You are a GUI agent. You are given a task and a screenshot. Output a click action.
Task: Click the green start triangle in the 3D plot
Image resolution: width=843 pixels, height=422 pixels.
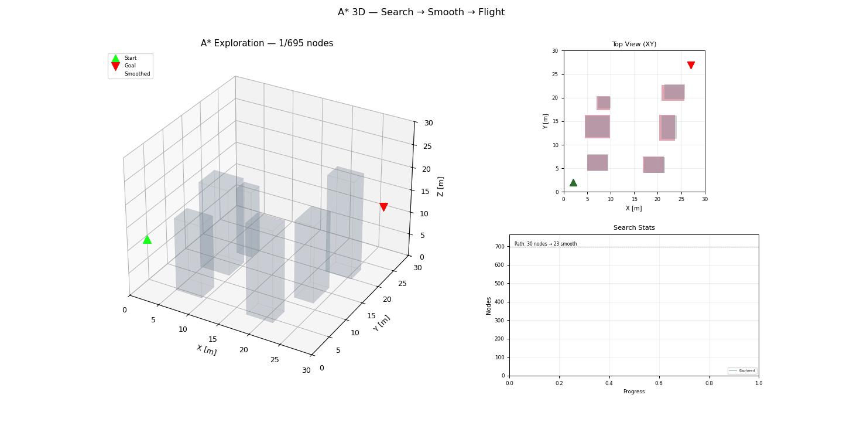[x=147, y=239]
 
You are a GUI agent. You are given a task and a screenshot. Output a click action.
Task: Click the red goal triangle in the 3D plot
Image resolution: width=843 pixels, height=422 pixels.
[x=383, y=207]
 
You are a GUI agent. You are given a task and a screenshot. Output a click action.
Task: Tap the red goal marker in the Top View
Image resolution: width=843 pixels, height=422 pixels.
[x=691, y=65]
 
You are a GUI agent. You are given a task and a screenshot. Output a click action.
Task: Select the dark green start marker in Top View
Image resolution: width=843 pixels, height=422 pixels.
[x=573, y=183]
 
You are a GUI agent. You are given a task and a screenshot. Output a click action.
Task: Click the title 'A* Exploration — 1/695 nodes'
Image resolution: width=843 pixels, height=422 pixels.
[x=267, y=43]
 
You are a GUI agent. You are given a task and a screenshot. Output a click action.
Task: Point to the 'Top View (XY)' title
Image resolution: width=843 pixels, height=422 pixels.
[x=634, y=45]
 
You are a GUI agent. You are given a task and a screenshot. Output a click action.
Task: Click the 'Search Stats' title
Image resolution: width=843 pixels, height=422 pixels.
[x=634, y=228]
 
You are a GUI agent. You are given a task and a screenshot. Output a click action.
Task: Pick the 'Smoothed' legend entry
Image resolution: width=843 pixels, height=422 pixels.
[x=137, y=74]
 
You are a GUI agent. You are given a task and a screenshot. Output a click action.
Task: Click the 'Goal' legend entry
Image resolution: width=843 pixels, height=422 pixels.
[x=130, y=66]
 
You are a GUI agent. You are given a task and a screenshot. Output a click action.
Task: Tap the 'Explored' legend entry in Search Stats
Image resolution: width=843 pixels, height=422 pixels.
[x=746, y=370]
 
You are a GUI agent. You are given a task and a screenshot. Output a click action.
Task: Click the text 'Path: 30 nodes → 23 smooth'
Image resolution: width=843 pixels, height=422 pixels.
[x=546, y=244]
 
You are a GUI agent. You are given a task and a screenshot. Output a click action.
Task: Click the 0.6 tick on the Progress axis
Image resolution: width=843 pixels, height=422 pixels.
[x=659, y=383]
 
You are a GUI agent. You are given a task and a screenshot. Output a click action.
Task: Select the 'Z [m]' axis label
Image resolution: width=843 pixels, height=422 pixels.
[x=441, y=186]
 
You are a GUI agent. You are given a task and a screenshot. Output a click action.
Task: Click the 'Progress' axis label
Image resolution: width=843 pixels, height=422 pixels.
[x=634, y=392]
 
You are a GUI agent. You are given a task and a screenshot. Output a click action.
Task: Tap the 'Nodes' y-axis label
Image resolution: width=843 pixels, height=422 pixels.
[x=489, y=305]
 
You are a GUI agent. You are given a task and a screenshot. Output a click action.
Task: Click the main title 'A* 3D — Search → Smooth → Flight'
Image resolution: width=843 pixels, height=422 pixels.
[x=421, y=12]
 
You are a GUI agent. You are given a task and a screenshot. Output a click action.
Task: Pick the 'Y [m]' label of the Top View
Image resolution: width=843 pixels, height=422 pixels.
[x=546, y=121]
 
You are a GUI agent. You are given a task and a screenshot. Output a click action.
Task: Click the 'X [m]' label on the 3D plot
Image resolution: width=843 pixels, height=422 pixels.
[x=206, y=350]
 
